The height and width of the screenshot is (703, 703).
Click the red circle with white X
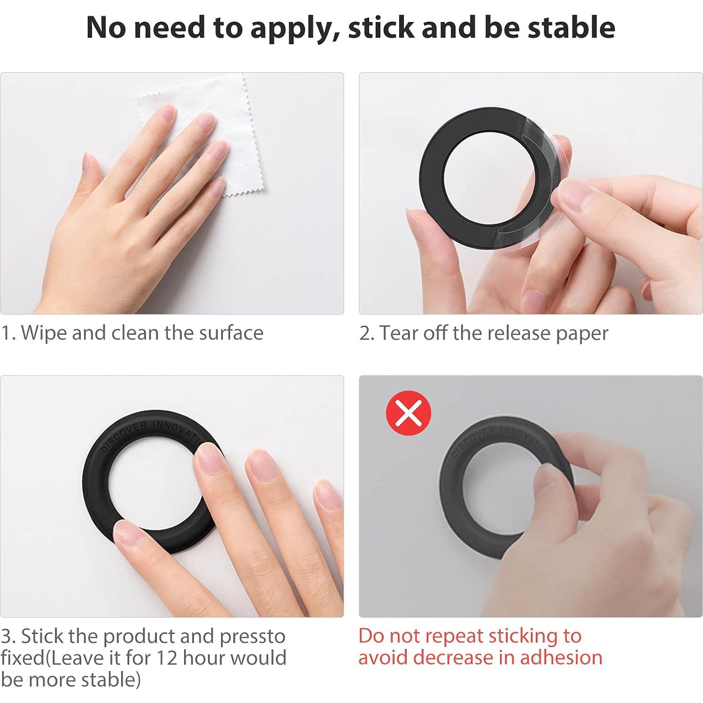[x=408, y=413]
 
